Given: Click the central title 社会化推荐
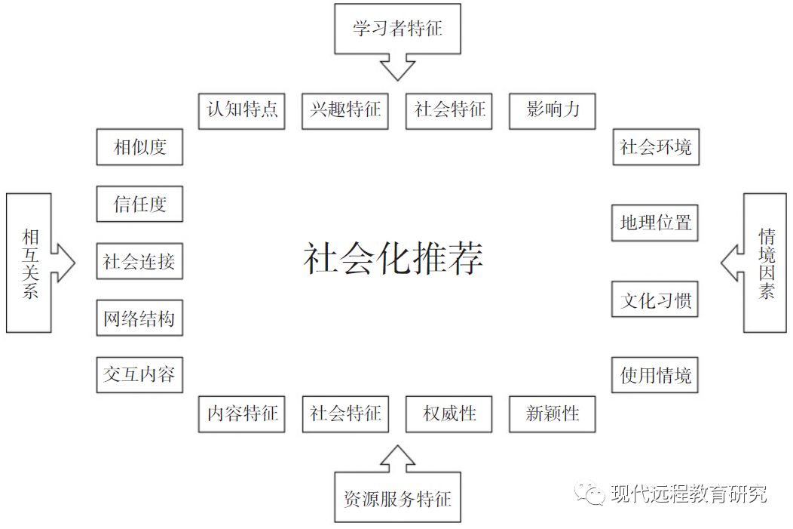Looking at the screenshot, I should coord(393,259).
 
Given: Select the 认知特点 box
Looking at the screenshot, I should coord(242,110).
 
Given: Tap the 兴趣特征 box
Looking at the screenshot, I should coord(345,110).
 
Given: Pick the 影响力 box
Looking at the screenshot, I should coord(553,110).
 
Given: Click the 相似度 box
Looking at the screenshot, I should coord(139,147).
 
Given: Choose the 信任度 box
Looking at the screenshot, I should coord(139,204).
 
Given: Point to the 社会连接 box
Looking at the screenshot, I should coord(139,262).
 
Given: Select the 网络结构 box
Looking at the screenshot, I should coord(139,318).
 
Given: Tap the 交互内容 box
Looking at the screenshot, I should coord(139,375).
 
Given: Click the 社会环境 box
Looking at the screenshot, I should coord(655,147).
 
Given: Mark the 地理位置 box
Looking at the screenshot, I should coord(655,223).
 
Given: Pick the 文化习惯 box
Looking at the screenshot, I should coord(655,300).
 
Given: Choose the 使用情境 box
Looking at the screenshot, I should coord(655,375).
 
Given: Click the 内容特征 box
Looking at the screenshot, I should coord(242,414).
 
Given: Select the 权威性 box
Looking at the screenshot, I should coord(449,414).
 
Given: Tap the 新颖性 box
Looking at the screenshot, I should coord(553,414).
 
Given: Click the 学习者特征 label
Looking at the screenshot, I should coord(397,29).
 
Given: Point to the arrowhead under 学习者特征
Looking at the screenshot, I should coord(397,68).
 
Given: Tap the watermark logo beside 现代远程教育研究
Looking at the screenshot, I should coord(590,494).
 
